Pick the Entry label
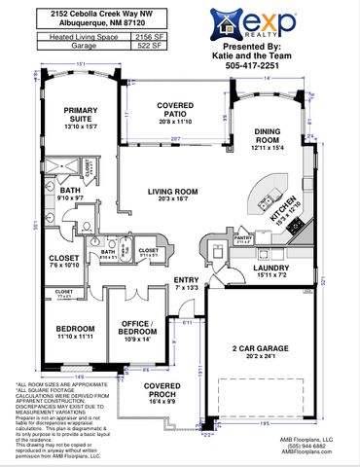[x=186, y=283]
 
